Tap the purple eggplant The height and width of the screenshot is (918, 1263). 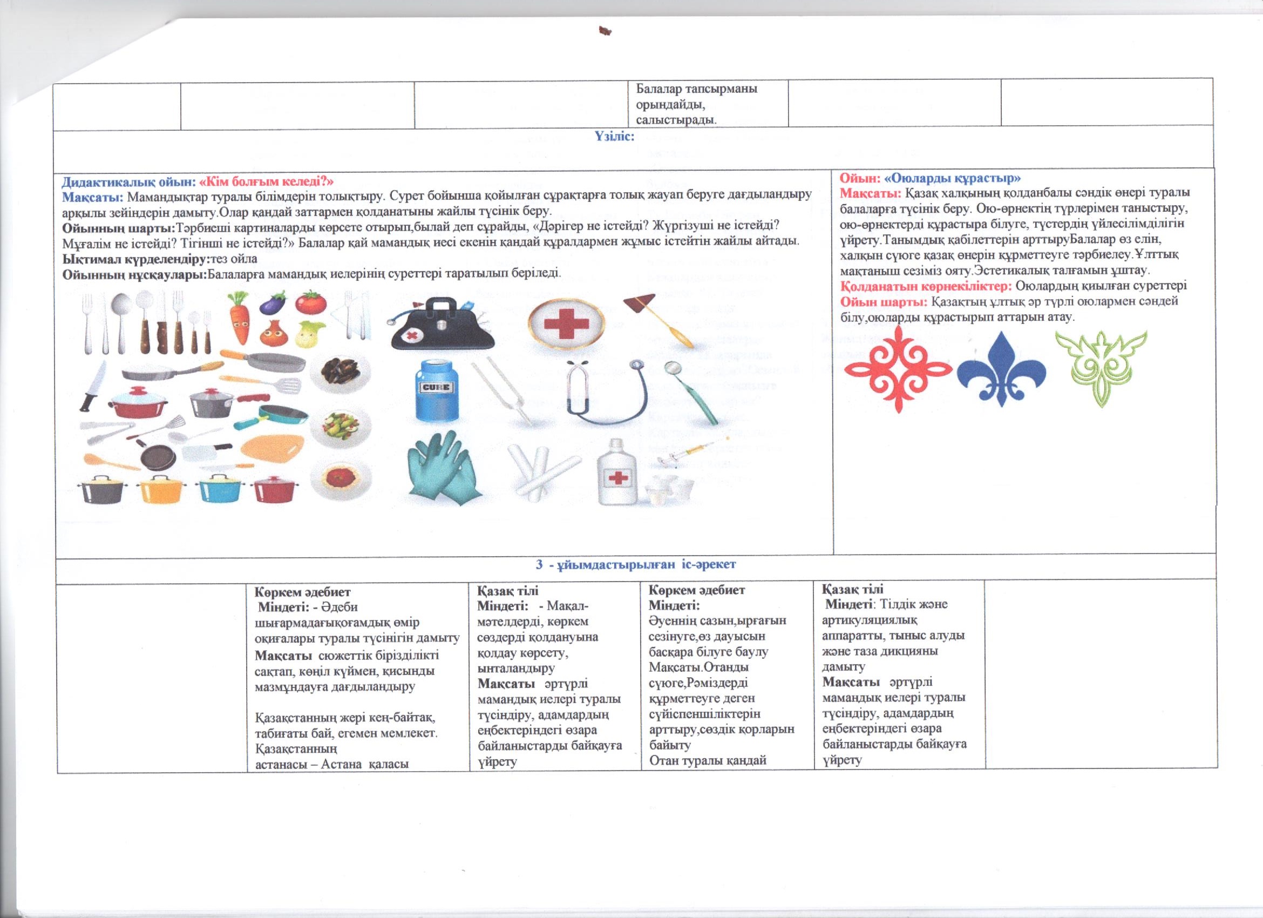click(273, 303)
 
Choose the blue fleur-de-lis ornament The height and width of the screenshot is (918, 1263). click(1001, 367)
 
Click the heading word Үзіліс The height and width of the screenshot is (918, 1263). click(615, 137)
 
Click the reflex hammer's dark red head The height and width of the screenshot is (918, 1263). click(638, 305)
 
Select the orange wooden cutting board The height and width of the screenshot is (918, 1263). click(274, 450)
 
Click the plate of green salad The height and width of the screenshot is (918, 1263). click(339, 428)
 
